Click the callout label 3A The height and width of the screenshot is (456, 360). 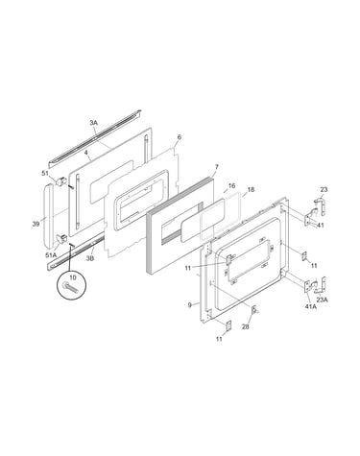(x=93, y=123)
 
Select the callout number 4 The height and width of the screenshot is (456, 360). (x=85, y=153)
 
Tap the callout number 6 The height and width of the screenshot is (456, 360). (x=180, y=137)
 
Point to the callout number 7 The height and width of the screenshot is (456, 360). (x=217, y=167)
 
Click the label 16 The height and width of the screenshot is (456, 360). (x=232, y=186)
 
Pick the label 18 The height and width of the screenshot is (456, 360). (x=251, y=190)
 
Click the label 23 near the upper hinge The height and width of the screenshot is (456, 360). (x=324, y=190)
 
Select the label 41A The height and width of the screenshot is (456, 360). (x=311, y=306)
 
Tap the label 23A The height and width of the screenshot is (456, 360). (x=322, y=300)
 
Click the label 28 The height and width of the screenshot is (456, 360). (x=246, y=326)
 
